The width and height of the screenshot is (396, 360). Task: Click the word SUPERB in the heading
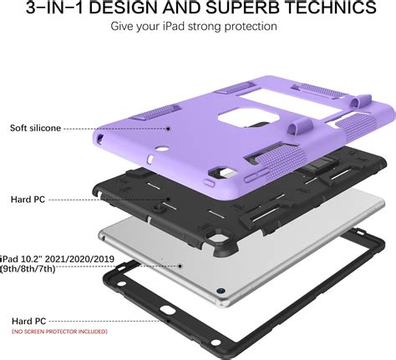click(x=242, y=8)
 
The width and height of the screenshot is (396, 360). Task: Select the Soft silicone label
click(x=35, y=128)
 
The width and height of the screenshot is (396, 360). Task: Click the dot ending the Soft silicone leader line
click(x=168, y=129)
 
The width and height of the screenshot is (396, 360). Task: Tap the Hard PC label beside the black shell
click(x=28, y=200)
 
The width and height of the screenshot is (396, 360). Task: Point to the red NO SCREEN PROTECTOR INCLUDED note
click(x=59, y=332)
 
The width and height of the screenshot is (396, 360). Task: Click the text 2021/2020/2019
click(x=79, y=259)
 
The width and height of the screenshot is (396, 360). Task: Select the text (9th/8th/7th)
click(x=28, y=269)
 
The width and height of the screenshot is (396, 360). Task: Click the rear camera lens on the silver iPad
click(x=221, y=291)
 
